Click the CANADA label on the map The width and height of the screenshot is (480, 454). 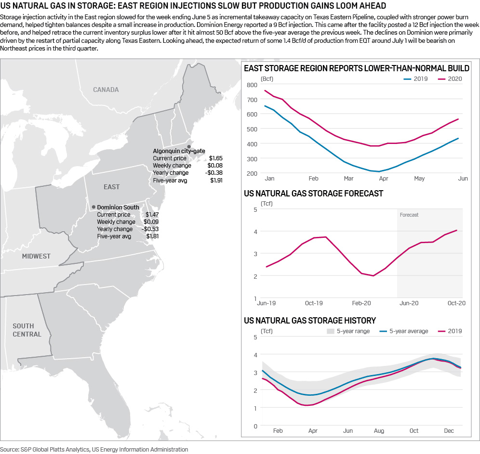click(x=106, y=90)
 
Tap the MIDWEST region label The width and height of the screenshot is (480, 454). click(x=36, y=256)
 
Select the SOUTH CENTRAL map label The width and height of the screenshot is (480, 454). click(x=27, y=330)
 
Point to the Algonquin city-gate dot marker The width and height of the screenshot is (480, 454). click(x=189, y=146)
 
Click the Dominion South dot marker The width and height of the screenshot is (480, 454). click(x=93, y=207)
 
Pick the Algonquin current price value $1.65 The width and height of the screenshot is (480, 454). click(x=216, y=158)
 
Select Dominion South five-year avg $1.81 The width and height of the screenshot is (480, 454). click(x=152, y=236)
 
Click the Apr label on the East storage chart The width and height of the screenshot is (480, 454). click(x=384, y=179)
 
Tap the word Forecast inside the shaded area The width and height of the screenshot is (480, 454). click(x=409, y=215)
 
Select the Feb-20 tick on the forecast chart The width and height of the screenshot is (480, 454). click(x=361, y=303)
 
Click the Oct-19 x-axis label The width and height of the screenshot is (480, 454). click(x=314, y=303)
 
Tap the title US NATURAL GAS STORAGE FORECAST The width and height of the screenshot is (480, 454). click(x=314, y=194)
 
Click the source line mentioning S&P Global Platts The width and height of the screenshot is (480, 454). click(x=94, y=449)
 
